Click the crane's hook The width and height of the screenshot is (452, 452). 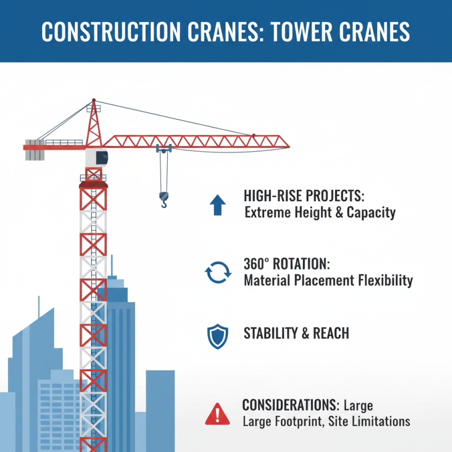click(x=164, y=199)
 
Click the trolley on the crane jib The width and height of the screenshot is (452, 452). click(x=164, y=149)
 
